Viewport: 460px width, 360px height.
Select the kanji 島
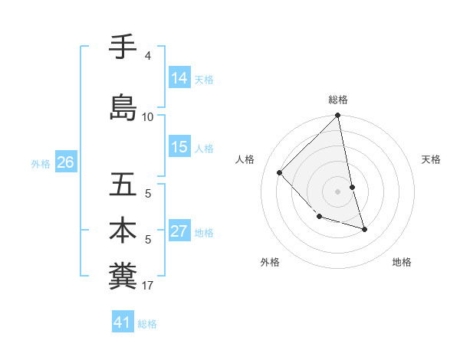click(x=123, y=107)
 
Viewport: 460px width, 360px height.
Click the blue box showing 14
click(x=179, y=77)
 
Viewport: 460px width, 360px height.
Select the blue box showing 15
click(x=179, y=147)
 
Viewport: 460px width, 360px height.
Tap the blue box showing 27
click(x=179, y=232)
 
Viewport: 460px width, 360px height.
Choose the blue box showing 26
click(x=65, y=162)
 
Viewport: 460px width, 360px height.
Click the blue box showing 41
click(x=123, y=323)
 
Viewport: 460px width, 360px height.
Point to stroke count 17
click(x=148, y=286)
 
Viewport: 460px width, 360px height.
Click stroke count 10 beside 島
click(x=148, y=117)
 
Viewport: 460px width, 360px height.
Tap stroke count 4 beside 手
click(x=147, y=56)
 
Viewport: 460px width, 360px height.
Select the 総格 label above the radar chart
click(x=338, y=100)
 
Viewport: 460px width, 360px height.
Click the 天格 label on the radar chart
click(x=431, y=159)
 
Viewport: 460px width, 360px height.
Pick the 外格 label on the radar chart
click(x=270, y=262)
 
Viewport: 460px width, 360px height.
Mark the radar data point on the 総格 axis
click(x=338, y=116)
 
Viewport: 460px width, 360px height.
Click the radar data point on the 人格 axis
click(x=280, y=172)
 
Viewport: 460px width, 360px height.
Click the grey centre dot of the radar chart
click(x=338, y=191)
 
